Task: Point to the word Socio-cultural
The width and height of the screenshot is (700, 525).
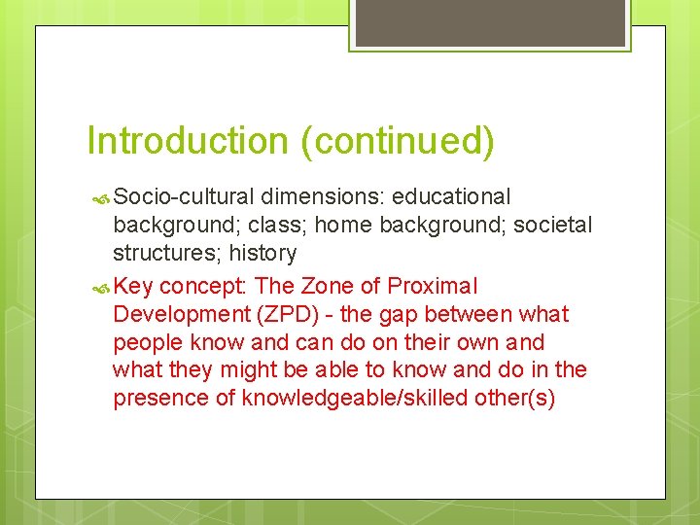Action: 182,197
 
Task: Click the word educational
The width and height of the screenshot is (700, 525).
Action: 453,197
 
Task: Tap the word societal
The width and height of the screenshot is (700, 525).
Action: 553,226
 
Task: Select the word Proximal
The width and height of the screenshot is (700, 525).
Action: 433,287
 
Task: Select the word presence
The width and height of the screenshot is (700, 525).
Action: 159,399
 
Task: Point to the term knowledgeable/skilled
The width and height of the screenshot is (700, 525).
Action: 354,399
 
